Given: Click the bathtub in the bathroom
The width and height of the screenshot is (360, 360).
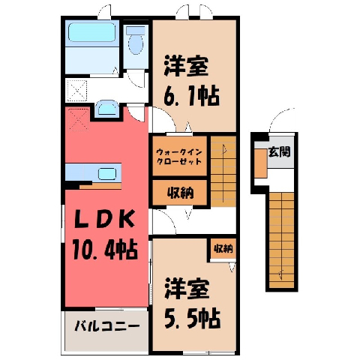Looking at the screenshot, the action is tap(92, 32).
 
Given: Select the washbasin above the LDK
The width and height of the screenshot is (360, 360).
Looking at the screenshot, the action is tap(107, 108).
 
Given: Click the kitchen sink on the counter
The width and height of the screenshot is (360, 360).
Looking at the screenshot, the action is tap(107, 174).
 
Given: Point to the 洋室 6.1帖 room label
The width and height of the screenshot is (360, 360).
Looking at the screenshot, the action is tap(191, 81).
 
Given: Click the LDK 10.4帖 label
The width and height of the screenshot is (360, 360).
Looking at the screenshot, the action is tap(105, 235).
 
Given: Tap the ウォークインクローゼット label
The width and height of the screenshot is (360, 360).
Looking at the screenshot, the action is tap(179, 156).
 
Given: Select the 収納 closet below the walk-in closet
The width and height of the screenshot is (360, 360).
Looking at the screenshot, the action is tap(180, 193).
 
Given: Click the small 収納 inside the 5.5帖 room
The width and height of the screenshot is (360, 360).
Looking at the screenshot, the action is tap(223, 248).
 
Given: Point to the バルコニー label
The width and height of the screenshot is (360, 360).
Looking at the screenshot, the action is tap(107, 326).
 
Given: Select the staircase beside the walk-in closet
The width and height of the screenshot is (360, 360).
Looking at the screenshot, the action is tap(223, 172).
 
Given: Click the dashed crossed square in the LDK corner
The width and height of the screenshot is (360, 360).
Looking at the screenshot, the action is tap(79, 120).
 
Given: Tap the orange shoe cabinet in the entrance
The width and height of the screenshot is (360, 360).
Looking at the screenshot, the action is tap(261, 163).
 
